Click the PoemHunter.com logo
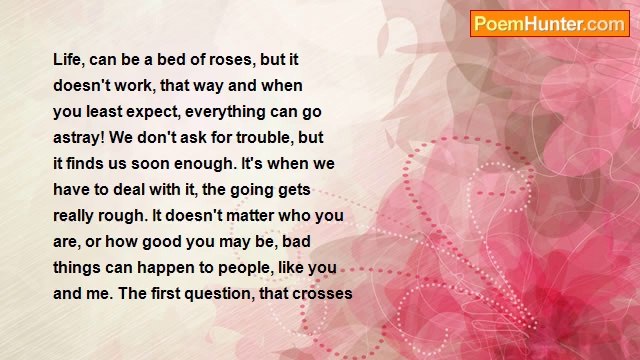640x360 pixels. click(549, 24)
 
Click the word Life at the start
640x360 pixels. click(69, 59)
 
